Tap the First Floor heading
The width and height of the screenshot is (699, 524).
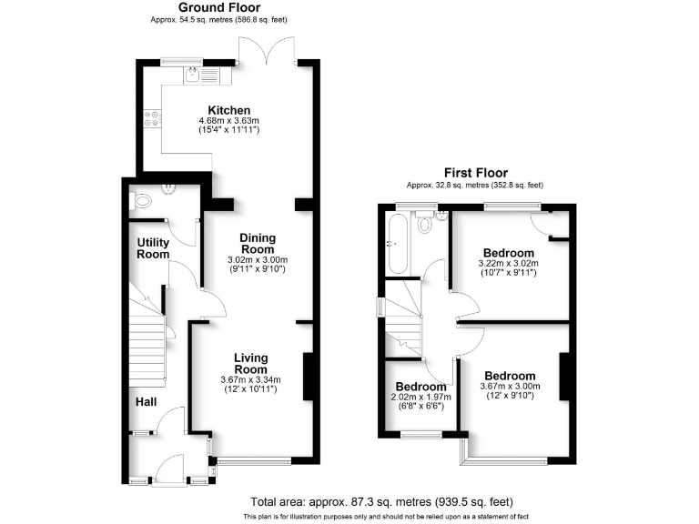[475, 172]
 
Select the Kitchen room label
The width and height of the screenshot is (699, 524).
[229, 110]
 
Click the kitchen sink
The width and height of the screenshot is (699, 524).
[193, 76]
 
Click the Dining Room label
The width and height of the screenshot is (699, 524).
[257, 244]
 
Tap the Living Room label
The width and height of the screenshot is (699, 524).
[250, 363]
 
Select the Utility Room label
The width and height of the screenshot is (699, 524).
[153, 248]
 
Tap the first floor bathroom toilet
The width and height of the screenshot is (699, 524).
[426, 224]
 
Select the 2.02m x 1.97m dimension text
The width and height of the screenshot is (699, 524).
[420, 398]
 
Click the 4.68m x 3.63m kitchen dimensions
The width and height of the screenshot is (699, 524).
[229, 121]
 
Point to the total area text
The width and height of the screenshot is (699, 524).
[381, 501]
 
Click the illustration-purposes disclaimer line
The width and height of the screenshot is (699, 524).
[381, 516]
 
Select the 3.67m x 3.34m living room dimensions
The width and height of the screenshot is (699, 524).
[250, 379]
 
